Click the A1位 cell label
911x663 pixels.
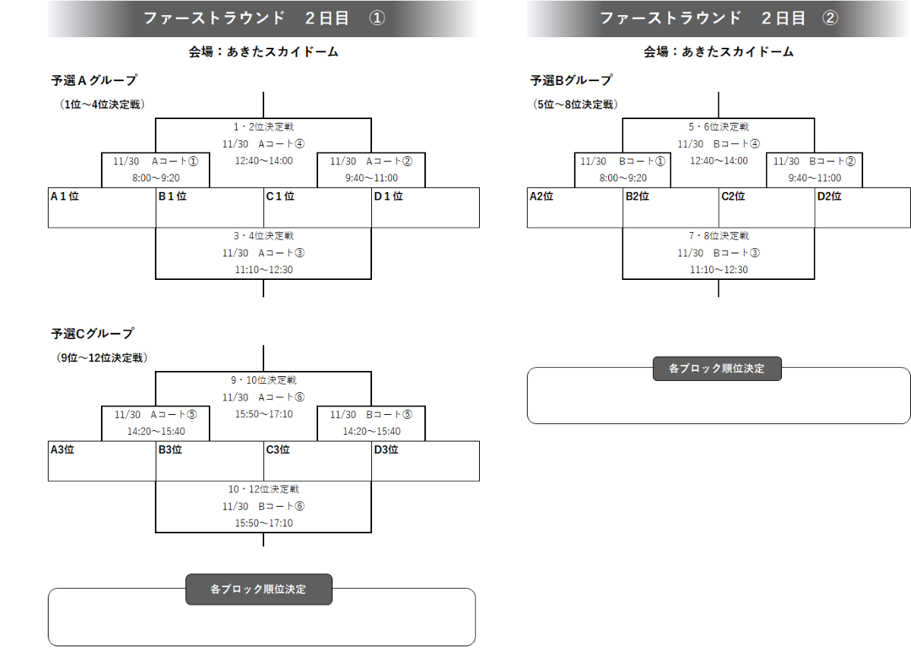pyautogui.click(x=65, y=196)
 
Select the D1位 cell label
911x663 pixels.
pyautogui.click(x=388, y=196)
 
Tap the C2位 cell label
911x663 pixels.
pyautogui.click(x=733, y=196)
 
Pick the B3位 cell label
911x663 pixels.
pyautogui.click(x=170, y=450)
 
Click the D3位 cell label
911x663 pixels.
pyautogui.click(x=386, y=450)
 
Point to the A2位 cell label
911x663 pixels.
pyautogui.click(x=541, y=196)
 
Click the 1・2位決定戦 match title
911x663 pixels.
pyautogui.click(x=263, y=127)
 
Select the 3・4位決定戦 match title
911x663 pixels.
pyautogui.click(x=263, y=237)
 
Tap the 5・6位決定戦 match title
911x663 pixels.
pyautogui.click(x=718, y=127)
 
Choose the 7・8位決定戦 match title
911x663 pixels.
pyautogui.click(x=718, y=237)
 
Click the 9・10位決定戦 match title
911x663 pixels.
pyautogui.click(x=263, y=381)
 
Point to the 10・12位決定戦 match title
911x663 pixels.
pyautogui.click(x=263, y=490)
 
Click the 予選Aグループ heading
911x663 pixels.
pyautogui.click(x=94, y=80)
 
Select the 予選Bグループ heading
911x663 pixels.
pyautogui.click(x=571, y=80)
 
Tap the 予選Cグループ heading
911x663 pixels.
pyautogui.click(x=93, y=334)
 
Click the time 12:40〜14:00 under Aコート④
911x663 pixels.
pyautogui.click(x=263, y=161)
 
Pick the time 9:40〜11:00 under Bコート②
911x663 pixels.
pyautogui.click(x=814, y=178)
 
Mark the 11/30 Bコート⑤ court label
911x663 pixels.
pyautogui.click(x=371, y=415)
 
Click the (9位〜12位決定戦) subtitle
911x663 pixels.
pyautogui.click(x=102, y=357)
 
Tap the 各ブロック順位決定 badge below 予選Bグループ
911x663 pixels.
pyautogui.click(x=717, y=369)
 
